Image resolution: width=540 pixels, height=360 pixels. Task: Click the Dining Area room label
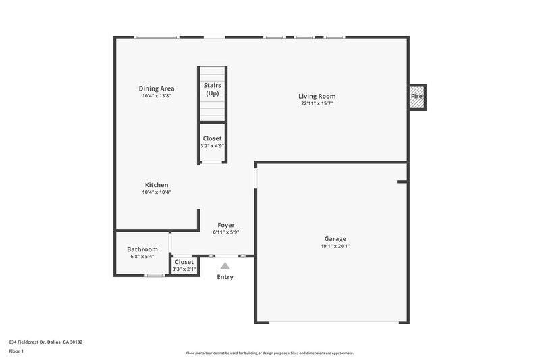[x=157, y=88]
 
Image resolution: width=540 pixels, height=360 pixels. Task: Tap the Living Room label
[x=317, y=96]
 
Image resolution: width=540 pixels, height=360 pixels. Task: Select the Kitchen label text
[x=157, y=185]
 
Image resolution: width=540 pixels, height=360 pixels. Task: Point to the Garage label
[x=335, y=239]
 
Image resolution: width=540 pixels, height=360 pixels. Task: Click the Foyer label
[x=226, y=225]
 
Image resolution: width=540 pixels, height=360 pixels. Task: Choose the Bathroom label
[x=142, y=249]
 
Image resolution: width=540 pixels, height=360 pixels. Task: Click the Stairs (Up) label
[x=213, y=89]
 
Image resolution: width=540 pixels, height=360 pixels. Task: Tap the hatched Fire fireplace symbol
[x=417, y=97]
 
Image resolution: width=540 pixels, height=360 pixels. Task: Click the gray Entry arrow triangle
[x=225, y=266]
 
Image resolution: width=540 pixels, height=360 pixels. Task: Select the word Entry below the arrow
[x=225, y=277]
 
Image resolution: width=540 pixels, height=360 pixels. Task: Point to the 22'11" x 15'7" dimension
[x=317, y=103]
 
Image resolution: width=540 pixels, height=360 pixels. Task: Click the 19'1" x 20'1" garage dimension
[x=335, y=247]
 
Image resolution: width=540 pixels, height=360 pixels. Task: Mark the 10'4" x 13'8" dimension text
[x=157, y=96]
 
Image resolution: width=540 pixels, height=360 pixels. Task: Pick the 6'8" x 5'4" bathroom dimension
[x=142, y=257]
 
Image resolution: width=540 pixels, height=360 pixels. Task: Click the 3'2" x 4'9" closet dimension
[x=213, y=146]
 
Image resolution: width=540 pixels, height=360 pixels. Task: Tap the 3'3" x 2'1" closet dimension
[x=184, y=269]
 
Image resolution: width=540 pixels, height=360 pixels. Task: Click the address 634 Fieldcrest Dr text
[x=46, y=342]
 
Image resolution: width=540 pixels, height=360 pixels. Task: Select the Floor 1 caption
[x=17, y=352]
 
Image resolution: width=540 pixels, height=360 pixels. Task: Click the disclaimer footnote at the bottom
[x=270, y=353]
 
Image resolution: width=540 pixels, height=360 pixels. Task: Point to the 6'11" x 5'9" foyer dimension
[x=226, y=232]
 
